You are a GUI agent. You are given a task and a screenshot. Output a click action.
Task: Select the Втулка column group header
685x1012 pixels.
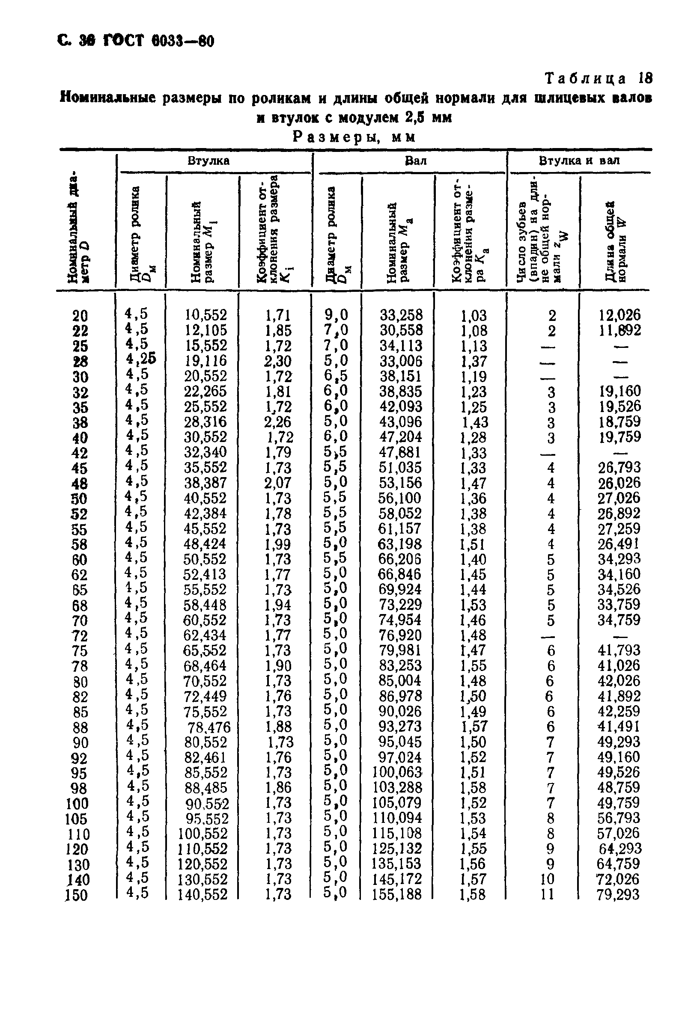(209, 161)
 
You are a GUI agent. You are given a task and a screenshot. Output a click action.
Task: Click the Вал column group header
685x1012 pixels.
(416, 161)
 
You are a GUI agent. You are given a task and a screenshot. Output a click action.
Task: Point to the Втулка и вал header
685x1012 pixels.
(580, 161)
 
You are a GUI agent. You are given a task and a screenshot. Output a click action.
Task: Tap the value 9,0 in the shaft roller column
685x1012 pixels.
(336, 314)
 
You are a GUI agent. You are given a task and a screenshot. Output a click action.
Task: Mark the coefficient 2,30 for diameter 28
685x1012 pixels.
(277, 361)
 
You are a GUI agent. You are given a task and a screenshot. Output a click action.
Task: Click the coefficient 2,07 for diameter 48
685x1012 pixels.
(277, 483)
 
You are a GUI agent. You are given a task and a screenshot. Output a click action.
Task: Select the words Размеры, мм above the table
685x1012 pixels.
(354, 137)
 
